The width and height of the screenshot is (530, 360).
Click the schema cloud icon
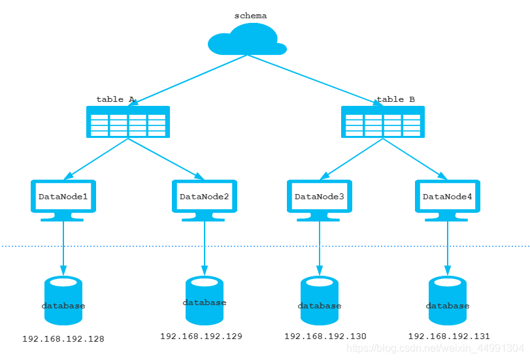coord(247,40)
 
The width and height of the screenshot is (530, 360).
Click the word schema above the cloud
coord(250,16)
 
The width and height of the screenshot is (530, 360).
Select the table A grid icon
coord(128,122)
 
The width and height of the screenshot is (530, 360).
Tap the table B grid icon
coord(383,122)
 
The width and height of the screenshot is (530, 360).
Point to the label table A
coord(115,99)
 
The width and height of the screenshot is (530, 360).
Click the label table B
coord(396,99)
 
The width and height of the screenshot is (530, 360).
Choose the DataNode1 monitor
coord(63,199)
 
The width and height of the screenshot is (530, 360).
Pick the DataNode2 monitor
coord(205,199)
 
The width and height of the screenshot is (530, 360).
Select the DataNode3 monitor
coord(320,199)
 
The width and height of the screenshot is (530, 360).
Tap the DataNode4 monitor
coord(448,199)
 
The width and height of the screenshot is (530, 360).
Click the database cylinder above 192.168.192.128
coord(63,301)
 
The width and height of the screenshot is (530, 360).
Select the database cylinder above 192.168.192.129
coord(205,301)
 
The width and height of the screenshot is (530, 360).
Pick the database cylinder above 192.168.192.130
coord(320,301)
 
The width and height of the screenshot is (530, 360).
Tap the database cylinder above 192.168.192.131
coord(448,301)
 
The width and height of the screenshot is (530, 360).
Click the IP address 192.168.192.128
coord(63,339)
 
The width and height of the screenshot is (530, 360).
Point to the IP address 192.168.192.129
coord(201,336)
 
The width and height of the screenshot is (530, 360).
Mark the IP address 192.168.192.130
coord(325,336)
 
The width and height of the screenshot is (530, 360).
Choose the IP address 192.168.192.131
coord(449,336)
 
